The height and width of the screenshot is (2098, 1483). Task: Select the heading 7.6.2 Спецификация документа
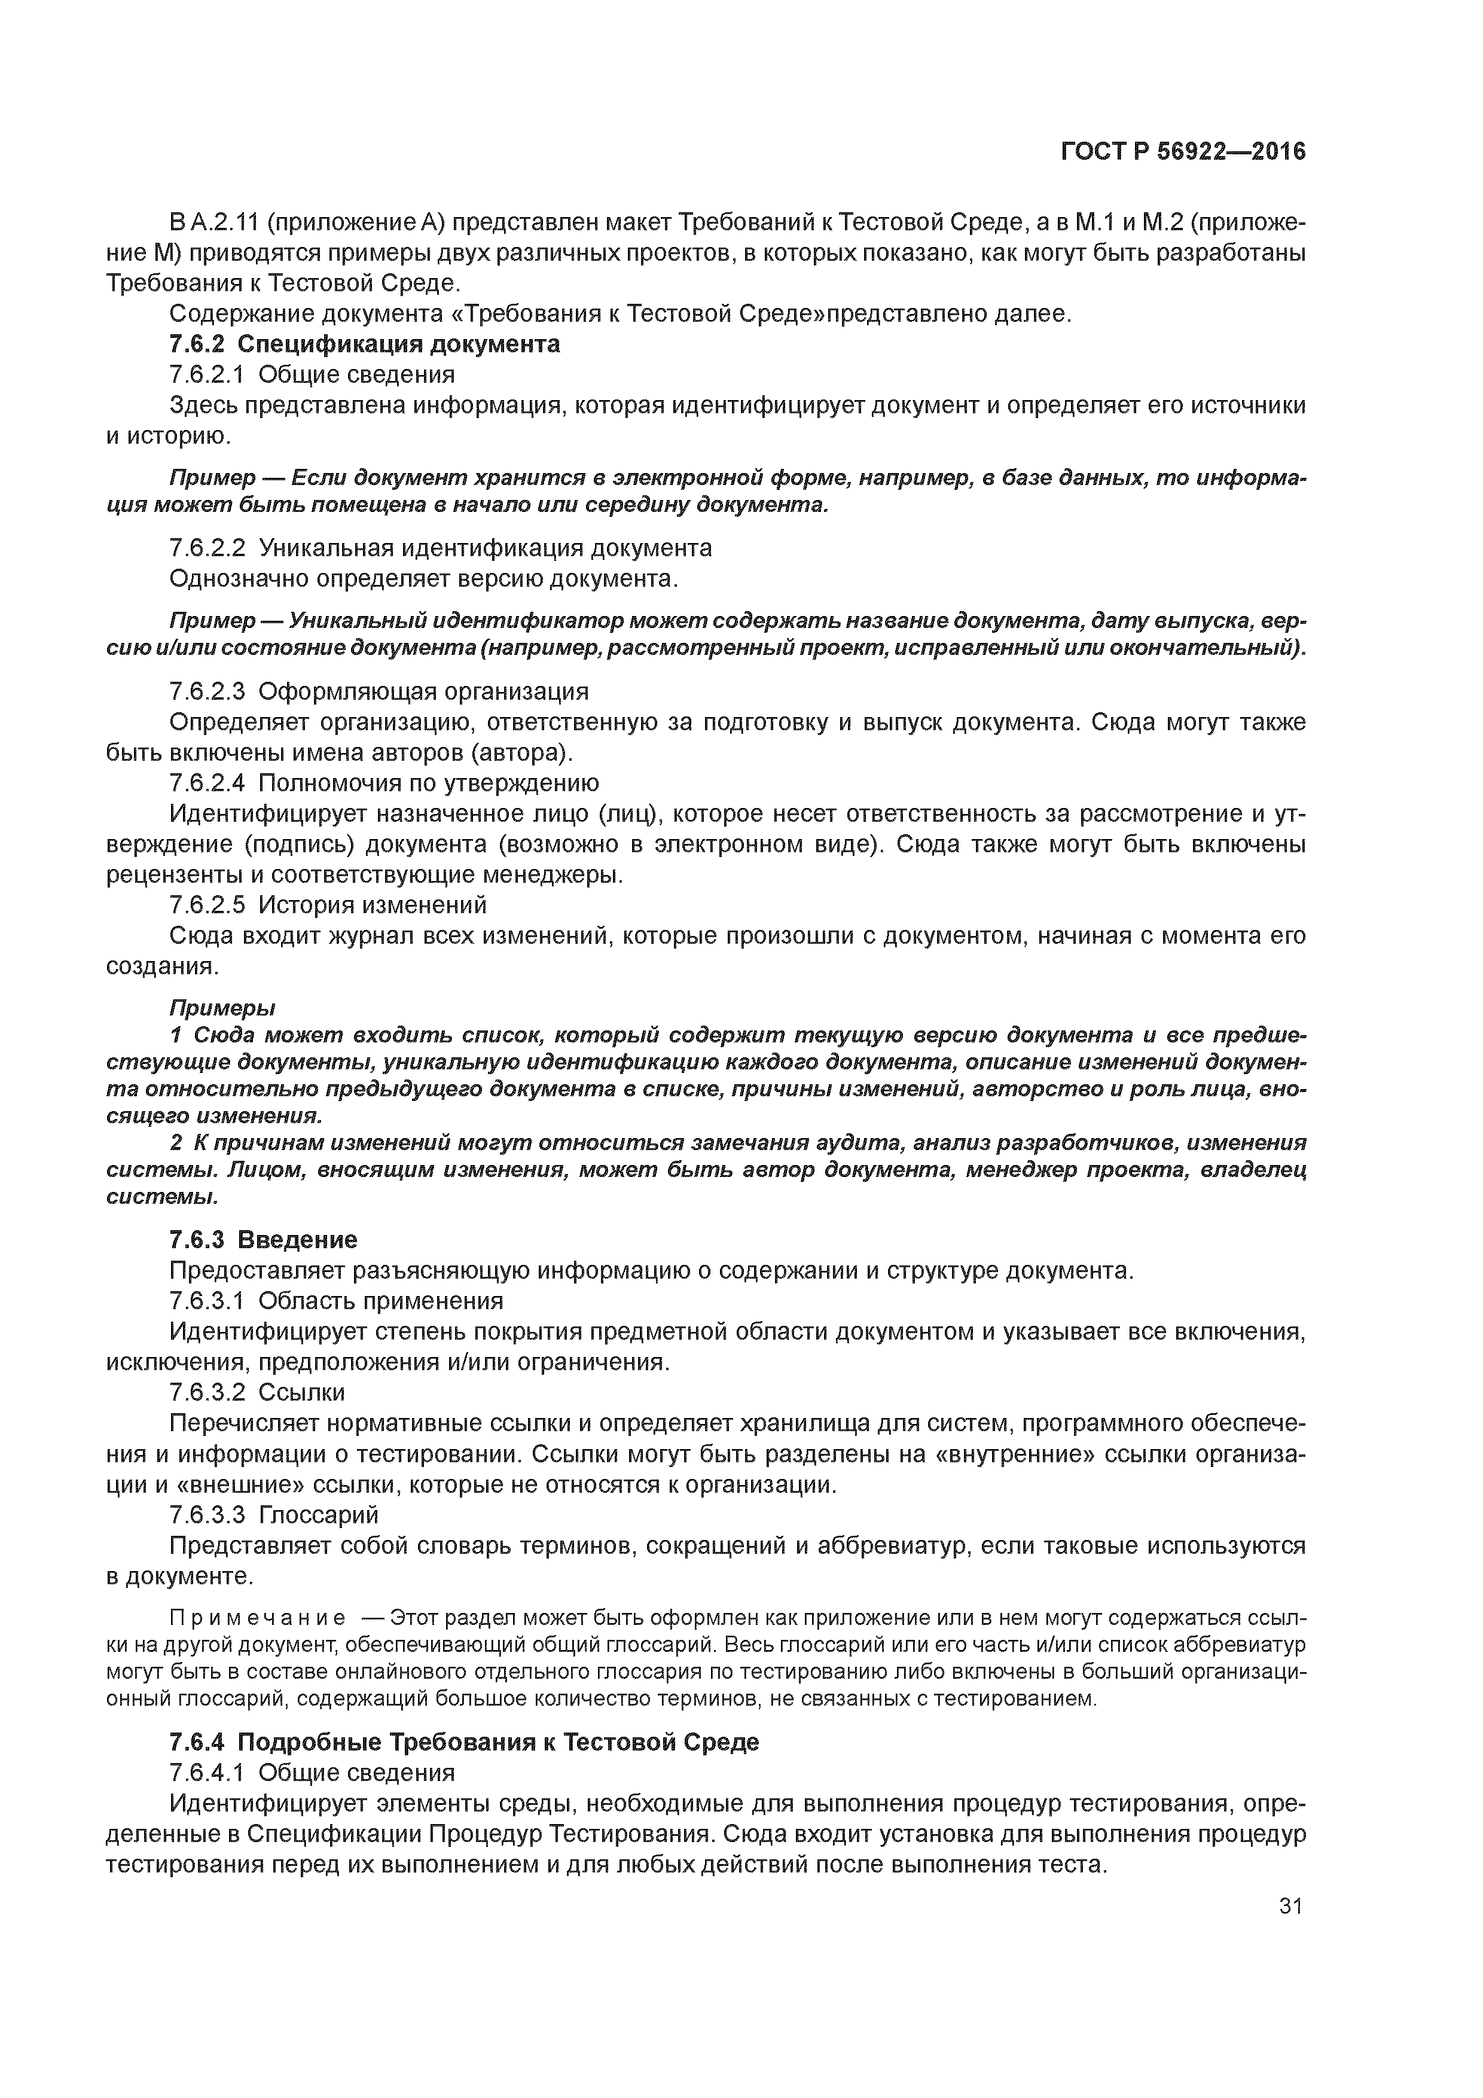click(365, 344)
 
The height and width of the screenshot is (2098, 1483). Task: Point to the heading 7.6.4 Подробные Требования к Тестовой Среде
click(464, 1742)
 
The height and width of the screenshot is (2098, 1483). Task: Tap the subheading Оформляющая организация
click(423, 691)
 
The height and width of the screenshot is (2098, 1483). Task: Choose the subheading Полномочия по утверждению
click(429, 783)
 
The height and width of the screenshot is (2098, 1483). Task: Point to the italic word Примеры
click(222, 1008)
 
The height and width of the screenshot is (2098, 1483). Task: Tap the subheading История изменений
click(373, 905)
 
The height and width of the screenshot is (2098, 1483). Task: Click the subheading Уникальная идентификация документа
click(485, 548)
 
